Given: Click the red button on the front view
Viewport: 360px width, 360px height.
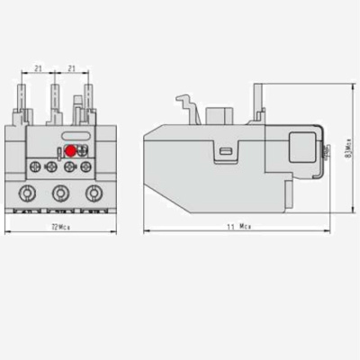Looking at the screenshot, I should [x=71, y=152].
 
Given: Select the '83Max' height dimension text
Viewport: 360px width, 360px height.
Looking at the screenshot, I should [x=349, y=149].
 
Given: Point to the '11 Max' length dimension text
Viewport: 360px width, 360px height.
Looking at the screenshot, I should [x=238, y=227].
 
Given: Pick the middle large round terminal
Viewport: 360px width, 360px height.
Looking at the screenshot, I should [x=60, y=192].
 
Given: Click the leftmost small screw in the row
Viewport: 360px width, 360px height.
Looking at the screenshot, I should [x=34, y=166].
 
